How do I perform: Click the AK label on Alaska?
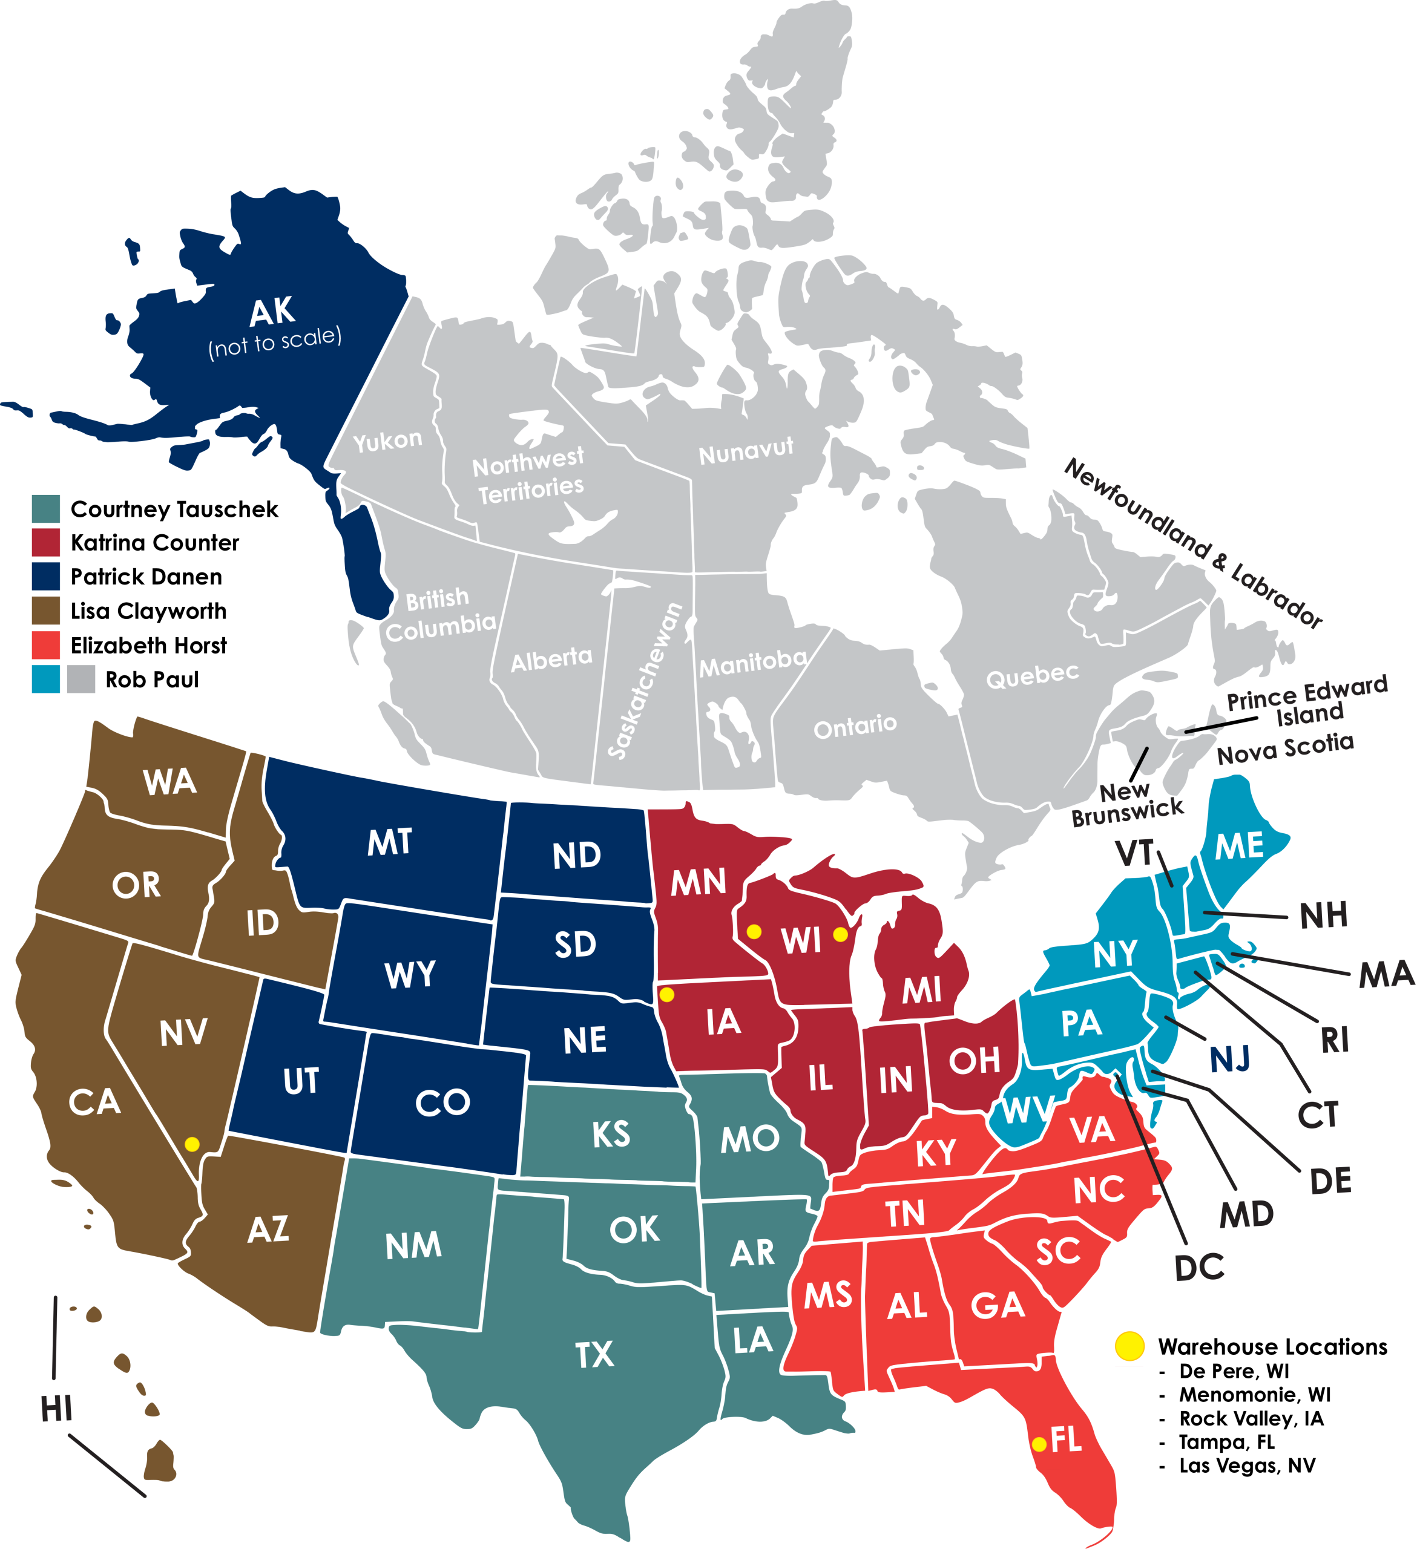(x=272, y=312)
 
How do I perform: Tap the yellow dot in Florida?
(x=1039, y=1444)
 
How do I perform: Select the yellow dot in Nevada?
(x=192, y=1144)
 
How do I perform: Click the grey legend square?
(x=82, y=678)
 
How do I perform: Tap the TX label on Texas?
(x=595, y=1354)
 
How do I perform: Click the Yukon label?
(x=387, y=440)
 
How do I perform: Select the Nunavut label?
(x=745, y=451)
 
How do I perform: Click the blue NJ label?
(x=1229, y=1059)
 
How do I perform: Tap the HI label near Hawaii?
(x=56, y=1409)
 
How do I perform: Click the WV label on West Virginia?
(x=1027, y=1110)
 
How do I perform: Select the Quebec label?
(x=1032, y=675)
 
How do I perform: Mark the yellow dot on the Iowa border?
(x=667, y=995)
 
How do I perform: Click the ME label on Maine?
(x=1240, y=845)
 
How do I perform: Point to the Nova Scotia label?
(x=1286, y=748)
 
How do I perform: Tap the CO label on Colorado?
(x=442, y=1102)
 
